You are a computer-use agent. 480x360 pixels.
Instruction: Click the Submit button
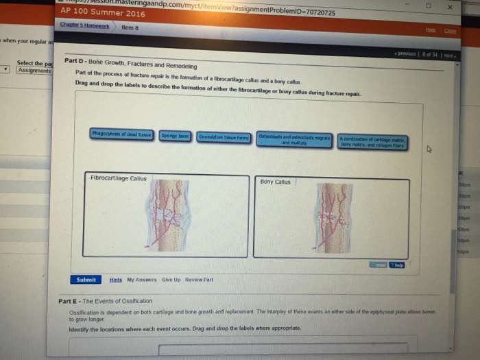[x=86, y=280]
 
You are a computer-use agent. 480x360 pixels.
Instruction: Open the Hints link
[x=115, y=280]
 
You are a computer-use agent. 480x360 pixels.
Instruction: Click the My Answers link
[x=141, y=280]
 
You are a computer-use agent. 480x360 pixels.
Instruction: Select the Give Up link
[x=171, y=280]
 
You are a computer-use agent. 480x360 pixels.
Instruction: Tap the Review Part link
[x=200, y=280]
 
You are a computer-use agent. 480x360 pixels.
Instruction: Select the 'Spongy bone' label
[x=176, y=136]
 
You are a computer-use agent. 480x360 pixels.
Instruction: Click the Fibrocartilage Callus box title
[x=119, y=178]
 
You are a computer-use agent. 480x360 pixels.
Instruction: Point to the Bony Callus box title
[x=276, y=182]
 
